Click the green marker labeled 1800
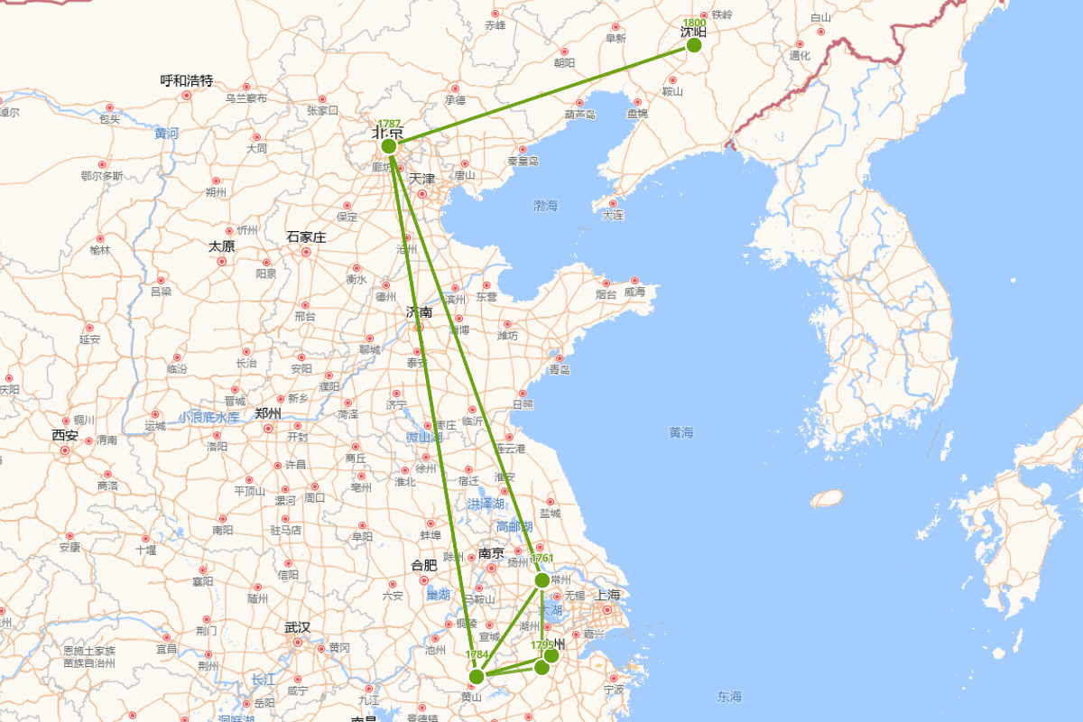click(694, 44)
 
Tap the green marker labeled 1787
click(389, 145)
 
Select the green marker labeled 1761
click(541, 579)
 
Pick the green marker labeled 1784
click(477, 676)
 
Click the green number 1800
click(694, 23)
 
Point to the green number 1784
click(477, 654)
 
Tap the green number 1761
click(542, 559)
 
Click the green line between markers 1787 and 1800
click(541, 95)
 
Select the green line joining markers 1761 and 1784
click(509, 628)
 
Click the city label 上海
click(608, 595)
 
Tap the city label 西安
click(65, 436)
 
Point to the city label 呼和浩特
click(187, 81)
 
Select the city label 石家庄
click(306, 237)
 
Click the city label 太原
click(222, 246)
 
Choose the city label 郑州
click(268, 414)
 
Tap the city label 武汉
click(297, 627)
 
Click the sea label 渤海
click(546, 206)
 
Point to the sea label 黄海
click(681, 433)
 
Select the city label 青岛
click(560, 369)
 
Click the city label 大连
click(613, 215)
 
